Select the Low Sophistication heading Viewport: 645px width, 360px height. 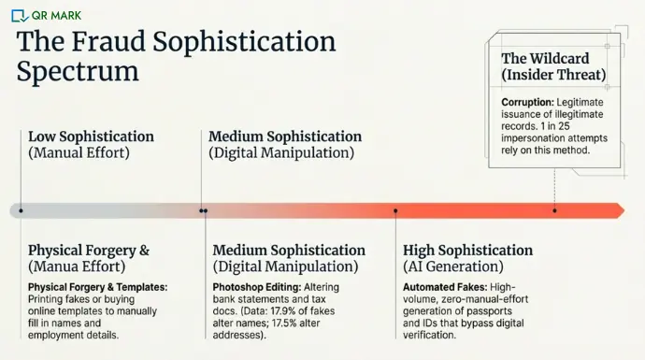pos(91,137)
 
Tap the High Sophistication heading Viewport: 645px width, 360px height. pos(467,251)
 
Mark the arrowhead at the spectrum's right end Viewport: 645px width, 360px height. pos(617,210)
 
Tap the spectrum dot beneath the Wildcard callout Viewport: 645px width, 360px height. pos(554,210)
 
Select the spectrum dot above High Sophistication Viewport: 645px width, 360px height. pos(395,210)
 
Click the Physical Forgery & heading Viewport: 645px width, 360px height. pos(89,251)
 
